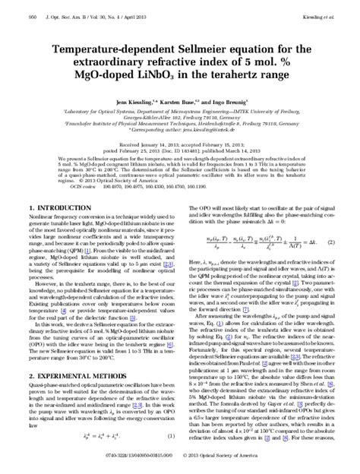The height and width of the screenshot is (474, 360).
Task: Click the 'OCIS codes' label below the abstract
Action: [75, 184]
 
